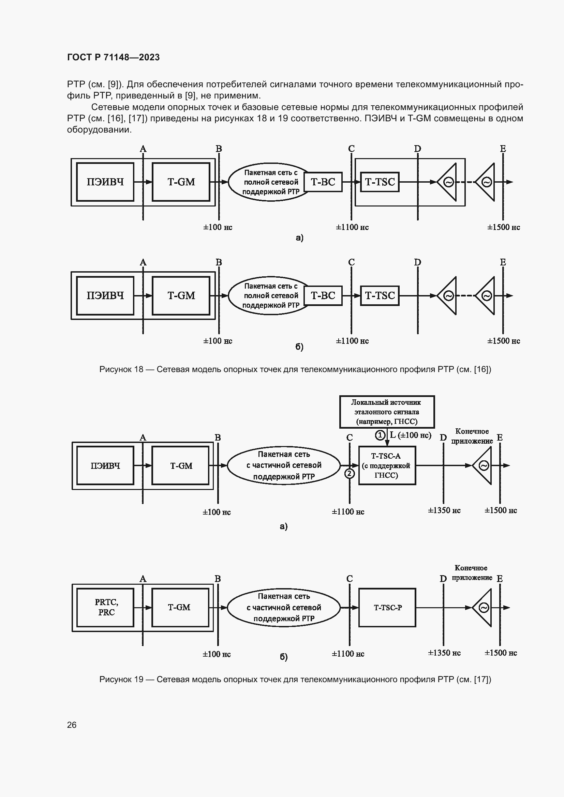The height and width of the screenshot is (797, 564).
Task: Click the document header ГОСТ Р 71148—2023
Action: (113, 57)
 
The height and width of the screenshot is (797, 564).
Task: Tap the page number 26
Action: (72, 725)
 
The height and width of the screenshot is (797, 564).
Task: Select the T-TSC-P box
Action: (387, 608)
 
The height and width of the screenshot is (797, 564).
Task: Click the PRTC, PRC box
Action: (106, 607)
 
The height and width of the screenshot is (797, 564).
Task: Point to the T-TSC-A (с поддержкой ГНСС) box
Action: (387, 465)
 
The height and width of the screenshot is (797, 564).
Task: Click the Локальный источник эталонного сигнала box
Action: (387, 412)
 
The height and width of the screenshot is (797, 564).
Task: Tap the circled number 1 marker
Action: (380, 435)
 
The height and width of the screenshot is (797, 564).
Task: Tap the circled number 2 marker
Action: (350, 473)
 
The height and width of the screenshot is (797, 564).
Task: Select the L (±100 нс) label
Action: (411, 435)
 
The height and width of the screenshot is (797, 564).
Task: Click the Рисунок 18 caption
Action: (295, 369)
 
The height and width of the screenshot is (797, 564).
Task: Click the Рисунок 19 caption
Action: (295, 679)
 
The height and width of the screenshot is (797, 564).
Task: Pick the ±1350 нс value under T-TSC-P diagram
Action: (444, 653)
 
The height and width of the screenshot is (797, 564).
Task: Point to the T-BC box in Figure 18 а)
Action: (323, 182)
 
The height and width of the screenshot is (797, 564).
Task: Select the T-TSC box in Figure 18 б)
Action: (380, 296)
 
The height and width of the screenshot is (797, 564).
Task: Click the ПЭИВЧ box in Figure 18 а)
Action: (105, 182)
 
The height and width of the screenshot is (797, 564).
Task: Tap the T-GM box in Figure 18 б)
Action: (181, 296)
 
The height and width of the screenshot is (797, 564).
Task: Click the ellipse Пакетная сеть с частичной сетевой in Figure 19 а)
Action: (284, 465)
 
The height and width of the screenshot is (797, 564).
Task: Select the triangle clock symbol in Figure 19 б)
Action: (483, 608)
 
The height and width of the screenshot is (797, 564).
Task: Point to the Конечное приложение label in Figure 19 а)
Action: (472, 436)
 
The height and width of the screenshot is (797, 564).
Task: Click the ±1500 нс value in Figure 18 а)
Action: (503, 227)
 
